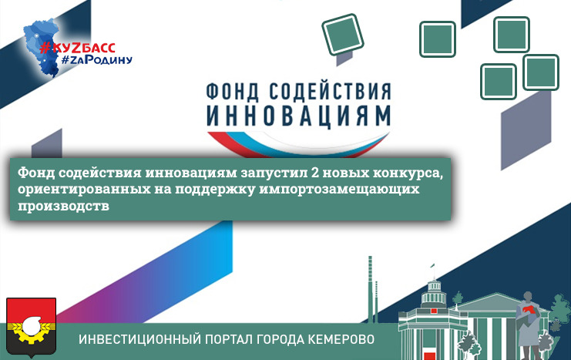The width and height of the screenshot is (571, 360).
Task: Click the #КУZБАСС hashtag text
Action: [77, 48]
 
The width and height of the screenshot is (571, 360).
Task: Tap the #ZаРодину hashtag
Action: [96, 60]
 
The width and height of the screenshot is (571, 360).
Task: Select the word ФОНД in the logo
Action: [233, 92]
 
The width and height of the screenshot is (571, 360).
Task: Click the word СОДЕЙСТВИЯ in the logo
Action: [331, 91]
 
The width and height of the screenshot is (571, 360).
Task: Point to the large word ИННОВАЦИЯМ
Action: [299, 116]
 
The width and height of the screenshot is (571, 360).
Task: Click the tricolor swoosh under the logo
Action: [299, 144]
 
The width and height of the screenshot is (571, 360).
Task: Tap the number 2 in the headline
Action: [315, 173]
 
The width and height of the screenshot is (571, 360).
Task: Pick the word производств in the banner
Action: [63, 206]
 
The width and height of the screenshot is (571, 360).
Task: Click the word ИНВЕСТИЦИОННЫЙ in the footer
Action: [139, 339]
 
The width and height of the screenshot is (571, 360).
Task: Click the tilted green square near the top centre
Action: [343, 35]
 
